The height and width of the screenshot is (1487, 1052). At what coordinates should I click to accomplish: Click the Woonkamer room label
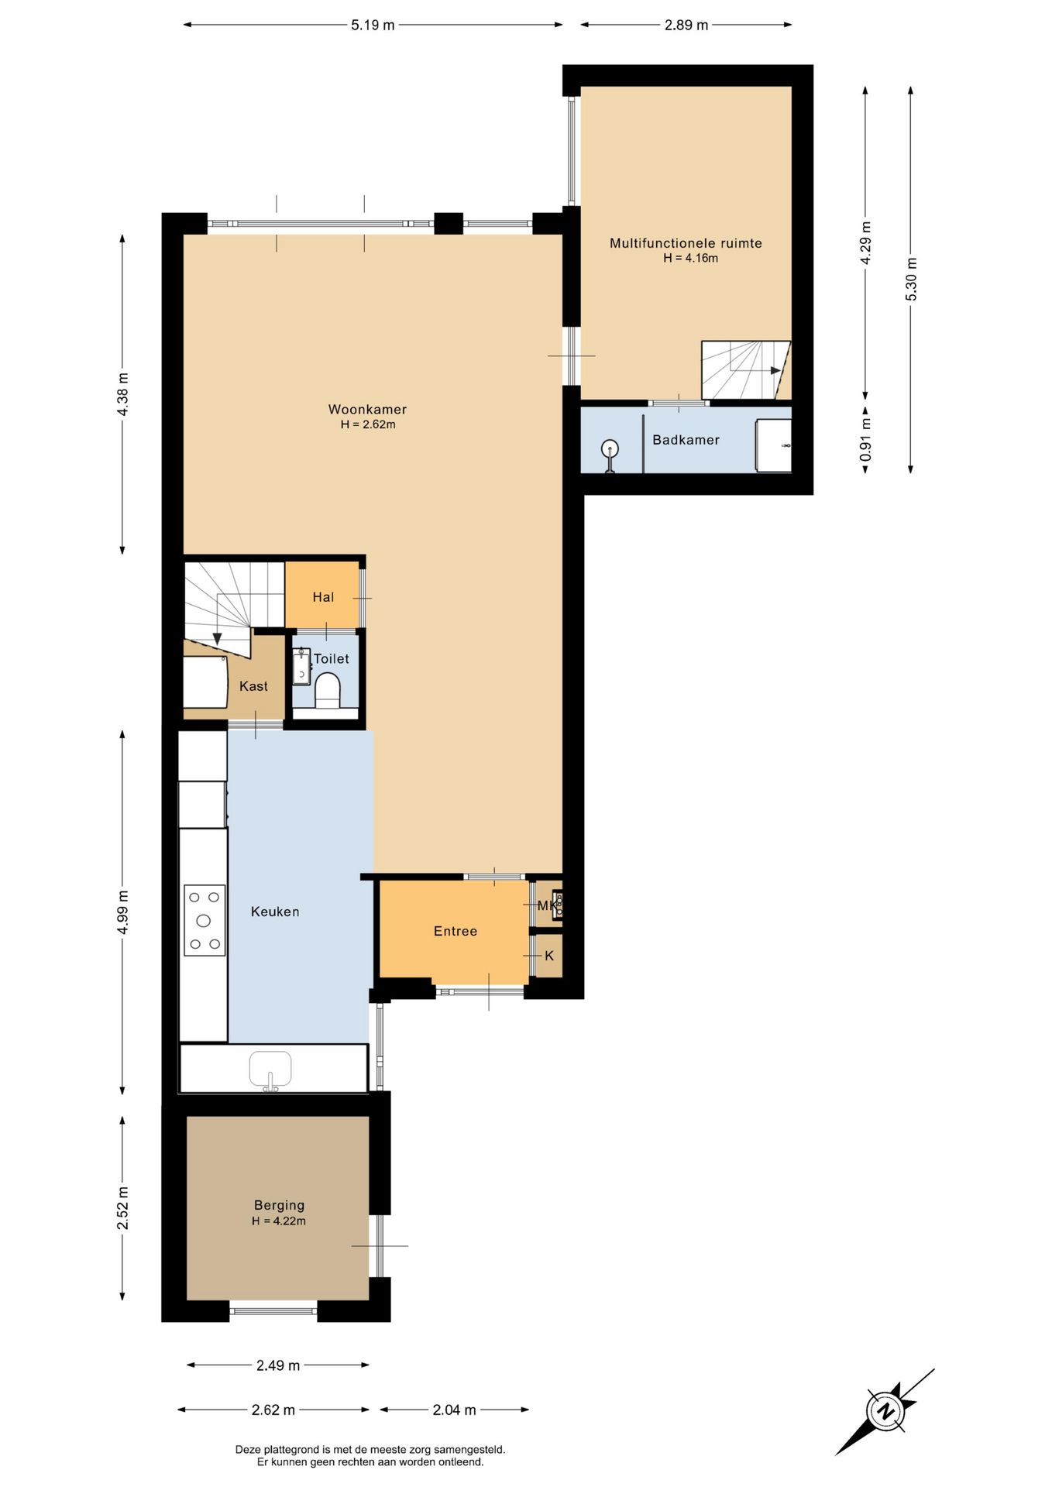[367, 409]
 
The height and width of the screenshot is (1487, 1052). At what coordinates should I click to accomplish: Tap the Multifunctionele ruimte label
[686, 243]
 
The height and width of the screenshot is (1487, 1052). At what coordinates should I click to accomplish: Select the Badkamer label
[686, 440]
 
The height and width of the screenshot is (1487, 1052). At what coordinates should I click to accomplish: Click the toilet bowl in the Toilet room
[328, 690]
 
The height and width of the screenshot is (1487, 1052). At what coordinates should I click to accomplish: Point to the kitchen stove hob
[205, 920]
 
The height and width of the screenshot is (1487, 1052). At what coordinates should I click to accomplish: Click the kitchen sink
[270, 1071]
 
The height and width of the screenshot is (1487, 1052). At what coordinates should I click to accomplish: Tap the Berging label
[279, 1205]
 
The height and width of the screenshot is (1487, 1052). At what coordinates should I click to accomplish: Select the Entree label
[456, 931]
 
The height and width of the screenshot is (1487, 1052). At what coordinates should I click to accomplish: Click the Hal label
[323, 597]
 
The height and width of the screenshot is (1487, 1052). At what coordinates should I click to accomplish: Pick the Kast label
[253, 686]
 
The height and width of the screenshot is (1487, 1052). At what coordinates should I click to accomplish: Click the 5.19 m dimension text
[373, 25]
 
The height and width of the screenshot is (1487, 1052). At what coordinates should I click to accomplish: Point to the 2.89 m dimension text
[686, 25]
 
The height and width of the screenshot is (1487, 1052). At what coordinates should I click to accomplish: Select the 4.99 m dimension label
[123, 912]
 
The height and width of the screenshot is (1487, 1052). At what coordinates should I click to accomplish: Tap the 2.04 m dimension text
[454, 1410]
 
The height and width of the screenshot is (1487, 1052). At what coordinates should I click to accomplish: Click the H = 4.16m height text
[690, 259]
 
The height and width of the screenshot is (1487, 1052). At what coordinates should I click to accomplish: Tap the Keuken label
[275, 912]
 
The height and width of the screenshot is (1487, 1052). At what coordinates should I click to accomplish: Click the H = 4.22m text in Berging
[279, 1221]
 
